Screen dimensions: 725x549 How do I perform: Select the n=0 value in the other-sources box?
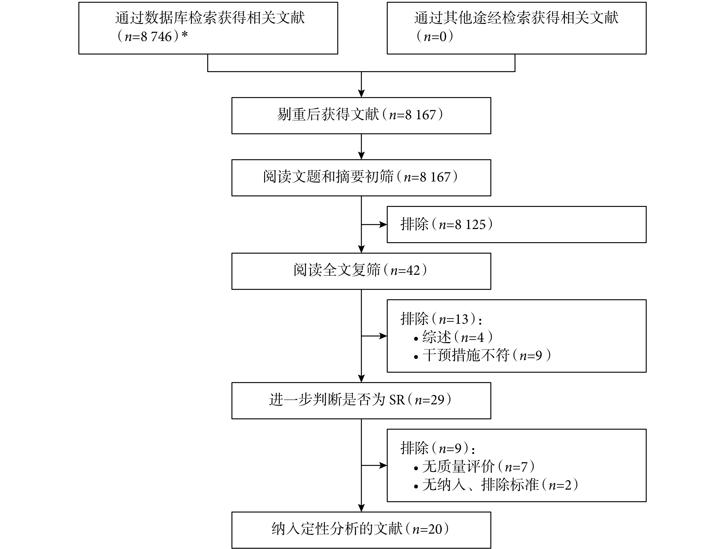click(435, 37)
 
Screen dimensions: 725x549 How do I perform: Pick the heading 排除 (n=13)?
click(441, 319)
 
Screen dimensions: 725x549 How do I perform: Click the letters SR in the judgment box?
click(397, 400)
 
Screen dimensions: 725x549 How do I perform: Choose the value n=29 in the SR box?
click(429, 400)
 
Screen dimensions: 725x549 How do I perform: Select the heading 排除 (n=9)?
click(438, 448)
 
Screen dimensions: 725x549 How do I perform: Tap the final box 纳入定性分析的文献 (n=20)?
click(361, 530)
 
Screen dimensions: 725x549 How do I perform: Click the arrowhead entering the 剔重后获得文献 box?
click(361, 93)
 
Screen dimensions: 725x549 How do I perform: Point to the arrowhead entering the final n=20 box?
click(361, 508)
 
